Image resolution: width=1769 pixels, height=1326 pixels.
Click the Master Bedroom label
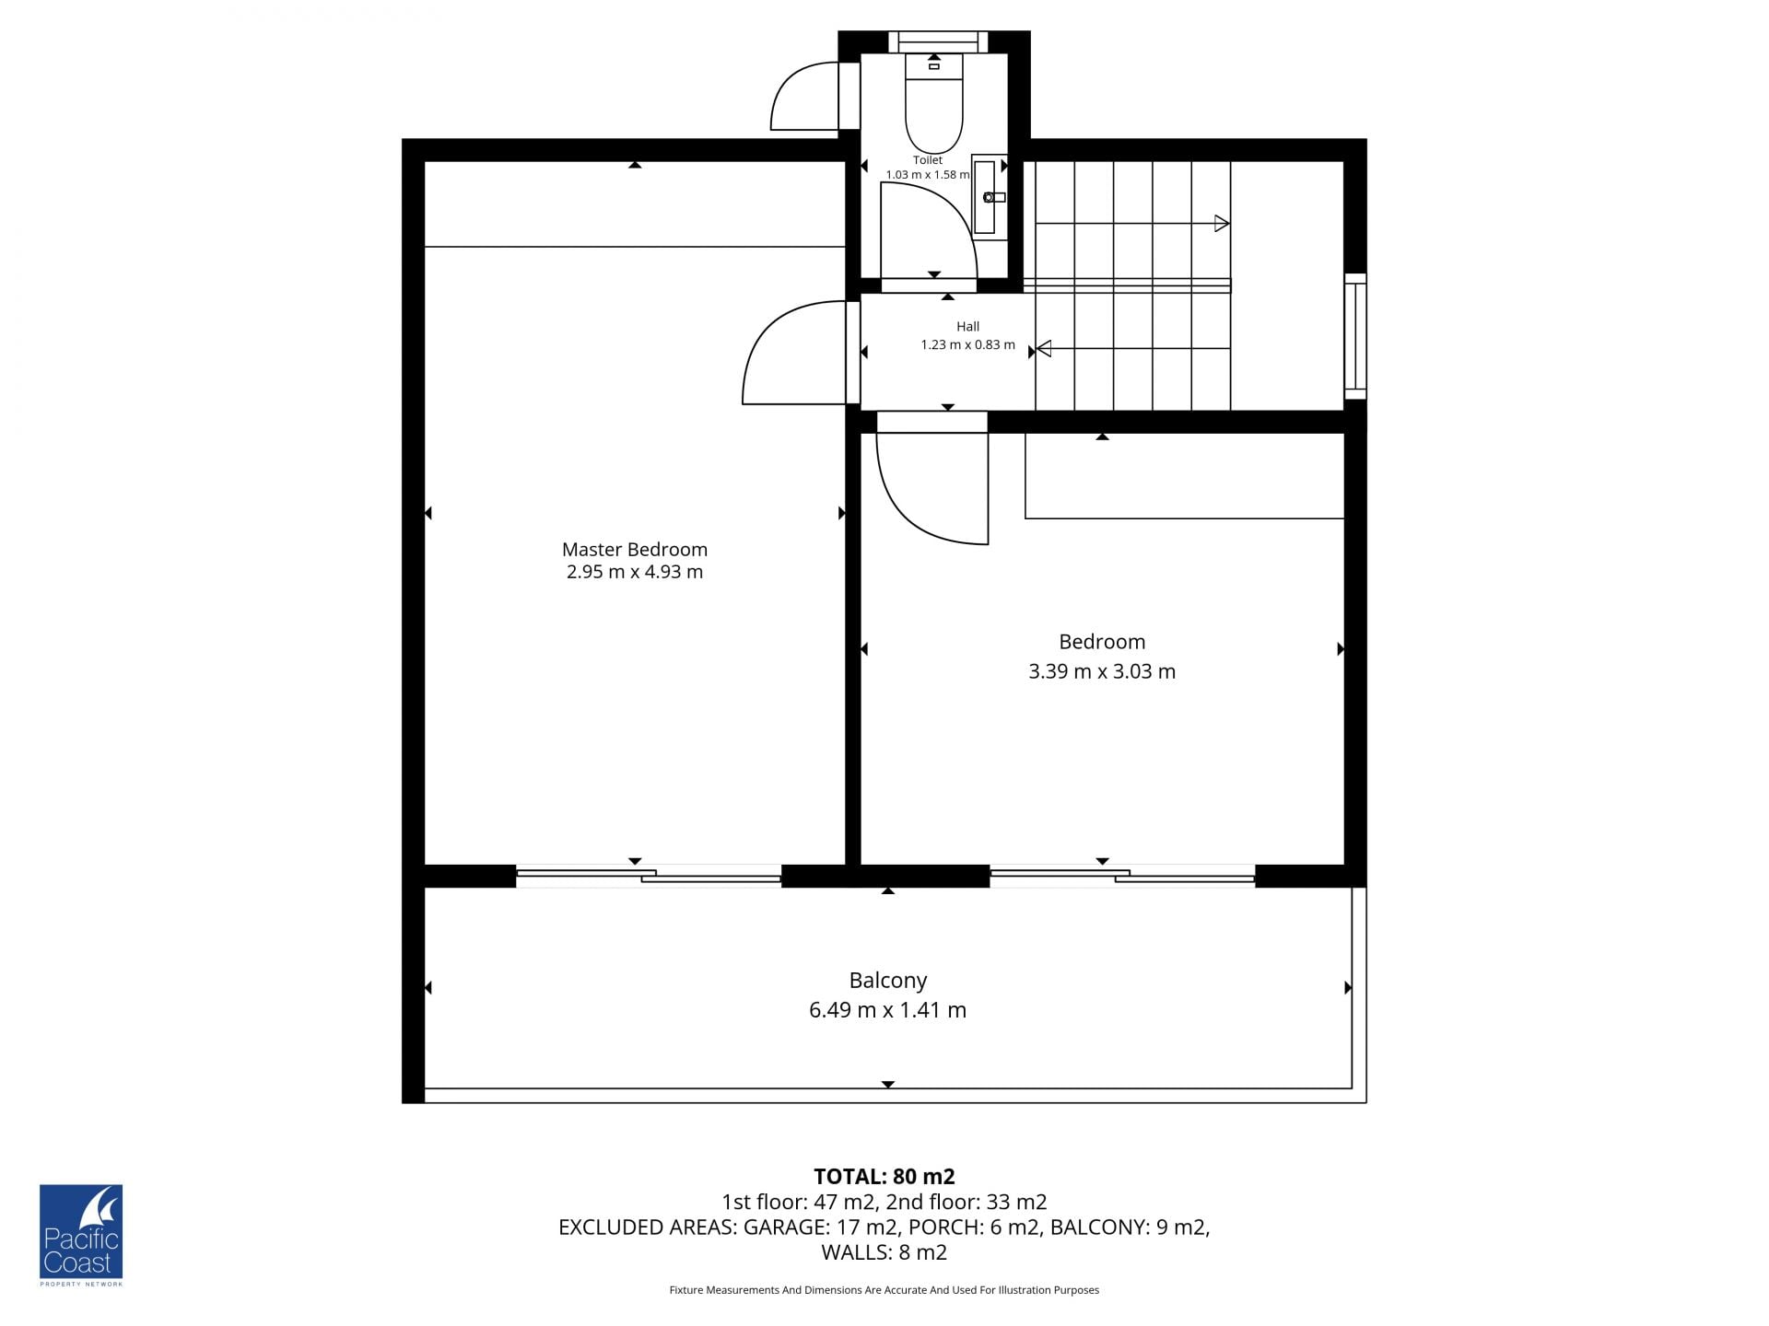coord(635,549)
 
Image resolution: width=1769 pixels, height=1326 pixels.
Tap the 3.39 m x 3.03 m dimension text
coord(1102,671)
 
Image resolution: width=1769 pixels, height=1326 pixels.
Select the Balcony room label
coord(888,981)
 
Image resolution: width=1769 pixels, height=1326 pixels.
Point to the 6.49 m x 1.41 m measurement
coord(888,1010)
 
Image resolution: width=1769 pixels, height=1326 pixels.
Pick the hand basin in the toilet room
coord(990,196)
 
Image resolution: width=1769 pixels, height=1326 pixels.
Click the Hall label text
coord(967,326)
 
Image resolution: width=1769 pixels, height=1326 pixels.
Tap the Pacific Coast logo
coord(81,1235)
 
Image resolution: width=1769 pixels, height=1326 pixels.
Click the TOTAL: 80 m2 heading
coord(884,1176)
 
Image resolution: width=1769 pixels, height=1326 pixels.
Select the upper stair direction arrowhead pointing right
coord(1222,223)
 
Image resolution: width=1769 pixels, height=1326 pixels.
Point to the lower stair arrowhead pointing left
coord(1044,348)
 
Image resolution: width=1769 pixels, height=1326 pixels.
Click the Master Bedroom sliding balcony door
coord(649,876)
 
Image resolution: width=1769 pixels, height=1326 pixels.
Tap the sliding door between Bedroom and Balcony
coord(1122,876)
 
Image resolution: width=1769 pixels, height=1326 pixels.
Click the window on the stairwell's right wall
coord(1355,336)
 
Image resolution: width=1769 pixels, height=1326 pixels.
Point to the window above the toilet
coord(938,41)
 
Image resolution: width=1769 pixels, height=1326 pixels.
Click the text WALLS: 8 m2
coord(884,1252)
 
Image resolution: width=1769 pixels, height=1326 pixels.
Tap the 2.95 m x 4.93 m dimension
coord(635,572)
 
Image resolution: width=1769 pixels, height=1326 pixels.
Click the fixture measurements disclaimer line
coord(884,1290)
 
